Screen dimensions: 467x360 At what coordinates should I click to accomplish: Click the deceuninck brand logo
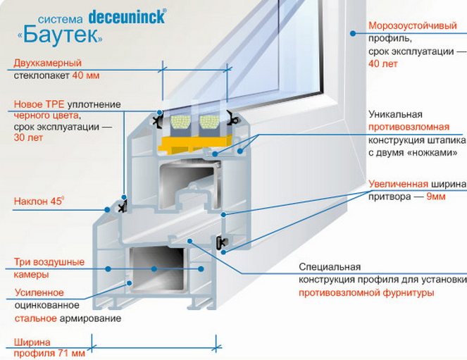[x=127, y=17]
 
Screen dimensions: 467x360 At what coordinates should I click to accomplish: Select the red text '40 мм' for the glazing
[x=86, y=75]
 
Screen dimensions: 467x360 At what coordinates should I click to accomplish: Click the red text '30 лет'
[x=28, y=137]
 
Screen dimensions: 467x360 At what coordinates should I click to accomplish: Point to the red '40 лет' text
[x=383, y=63]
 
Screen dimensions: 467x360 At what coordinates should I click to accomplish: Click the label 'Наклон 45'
[x=39, y=201]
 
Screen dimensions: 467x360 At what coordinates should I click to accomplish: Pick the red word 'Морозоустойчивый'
[x=413, y=25]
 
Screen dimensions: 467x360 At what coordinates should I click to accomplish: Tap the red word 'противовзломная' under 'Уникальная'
[x=409, y=127]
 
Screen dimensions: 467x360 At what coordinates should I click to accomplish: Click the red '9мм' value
[x=436, y=197]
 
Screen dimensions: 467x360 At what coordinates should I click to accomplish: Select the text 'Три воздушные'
[x=49, y=262]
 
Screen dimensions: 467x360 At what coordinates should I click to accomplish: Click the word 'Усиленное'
[x=39, y=292]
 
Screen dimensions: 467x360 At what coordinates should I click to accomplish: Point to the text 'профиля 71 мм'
[x=49, y=354]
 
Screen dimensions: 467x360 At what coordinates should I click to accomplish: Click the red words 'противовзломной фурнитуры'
[x=366, y=292]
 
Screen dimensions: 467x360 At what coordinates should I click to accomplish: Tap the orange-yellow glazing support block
[x=195, y=144]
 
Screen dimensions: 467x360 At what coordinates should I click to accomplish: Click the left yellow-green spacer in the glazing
[x=180, y=122]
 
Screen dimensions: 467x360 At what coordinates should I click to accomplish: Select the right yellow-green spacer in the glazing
[x=209, y=122]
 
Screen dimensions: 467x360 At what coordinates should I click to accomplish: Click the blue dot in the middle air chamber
[x=154, y=269]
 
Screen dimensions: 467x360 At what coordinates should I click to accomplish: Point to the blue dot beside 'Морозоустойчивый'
[x=353, y=33]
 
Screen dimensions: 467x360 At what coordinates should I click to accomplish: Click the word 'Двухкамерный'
[x=48, y=63]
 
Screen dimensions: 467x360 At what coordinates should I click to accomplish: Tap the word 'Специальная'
[x=330, y=266]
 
